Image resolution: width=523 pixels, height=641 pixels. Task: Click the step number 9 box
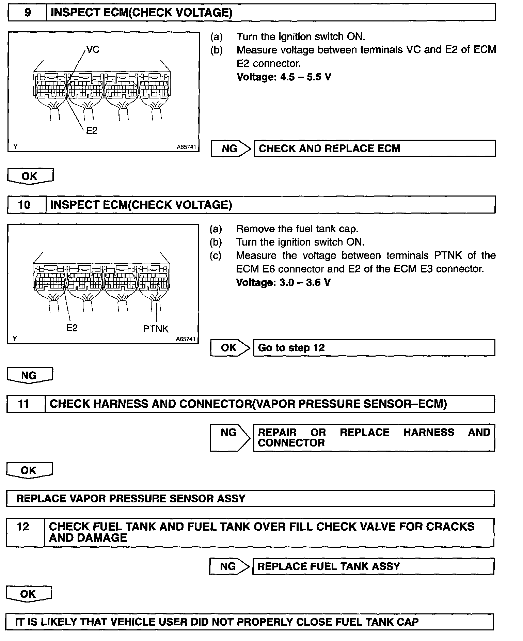coord(27,13)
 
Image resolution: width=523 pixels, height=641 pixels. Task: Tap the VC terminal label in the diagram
coord(93,50)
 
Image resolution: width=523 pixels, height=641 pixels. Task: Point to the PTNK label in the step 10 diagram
coord(156,329)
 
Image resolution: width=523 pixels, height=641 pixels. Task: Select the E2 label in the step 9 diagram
coord(92,130)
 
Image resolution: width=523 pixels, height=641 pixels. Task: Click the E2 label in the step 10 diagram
coord(72,328)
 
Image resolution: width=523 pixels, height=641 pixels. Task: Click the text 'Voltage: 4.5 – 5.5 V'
coord(284,77)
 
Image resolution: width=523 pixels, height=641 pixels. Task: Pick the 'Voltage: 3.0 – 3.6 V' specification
coord(283,283)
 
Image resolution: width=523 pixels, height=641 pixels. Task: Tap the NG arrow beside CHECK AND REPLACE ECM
coord(231,148)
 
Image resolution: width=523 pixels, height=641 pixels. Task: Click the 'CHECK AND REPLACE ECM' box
coord(375,148)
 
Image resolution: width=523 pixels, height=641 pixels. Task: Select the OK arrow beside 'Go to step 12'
coord(230,348)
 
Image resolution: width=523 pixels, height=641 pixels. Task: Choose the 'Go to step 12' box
coord(374,348)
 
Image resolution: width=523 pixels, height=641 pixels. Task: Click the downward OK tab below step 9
coord(30,176)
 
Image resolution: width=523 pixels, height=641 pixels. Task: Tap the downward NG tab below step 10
coord(29,376)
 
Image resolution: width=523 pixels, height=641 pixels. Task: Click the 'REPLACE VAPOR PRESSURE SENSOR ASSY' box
coord(250,499)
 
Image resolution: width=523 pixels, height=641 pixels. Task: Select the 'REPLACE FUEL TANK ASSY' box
coord(373,566)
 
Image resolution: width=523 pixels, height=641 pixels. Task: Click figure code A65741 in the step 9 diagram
coord(186,147)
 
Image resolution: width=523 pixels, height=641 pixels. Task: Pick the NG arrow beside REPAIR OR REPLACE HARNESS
coord(230,437)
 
